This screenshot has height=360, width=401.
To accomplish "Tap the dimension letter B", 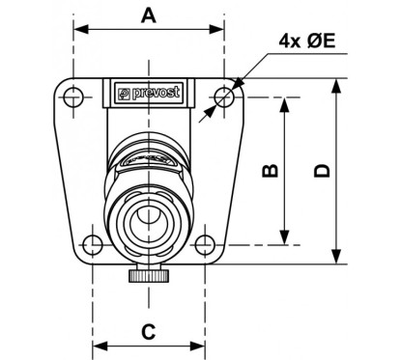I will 272,171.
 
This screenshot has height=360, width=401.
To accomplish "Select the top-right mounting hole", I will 224,96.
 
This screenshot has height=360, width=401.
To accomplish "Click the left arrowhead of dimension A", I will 78,29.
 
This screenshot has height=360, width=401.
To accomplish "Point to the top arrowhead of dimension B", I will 285,101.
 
